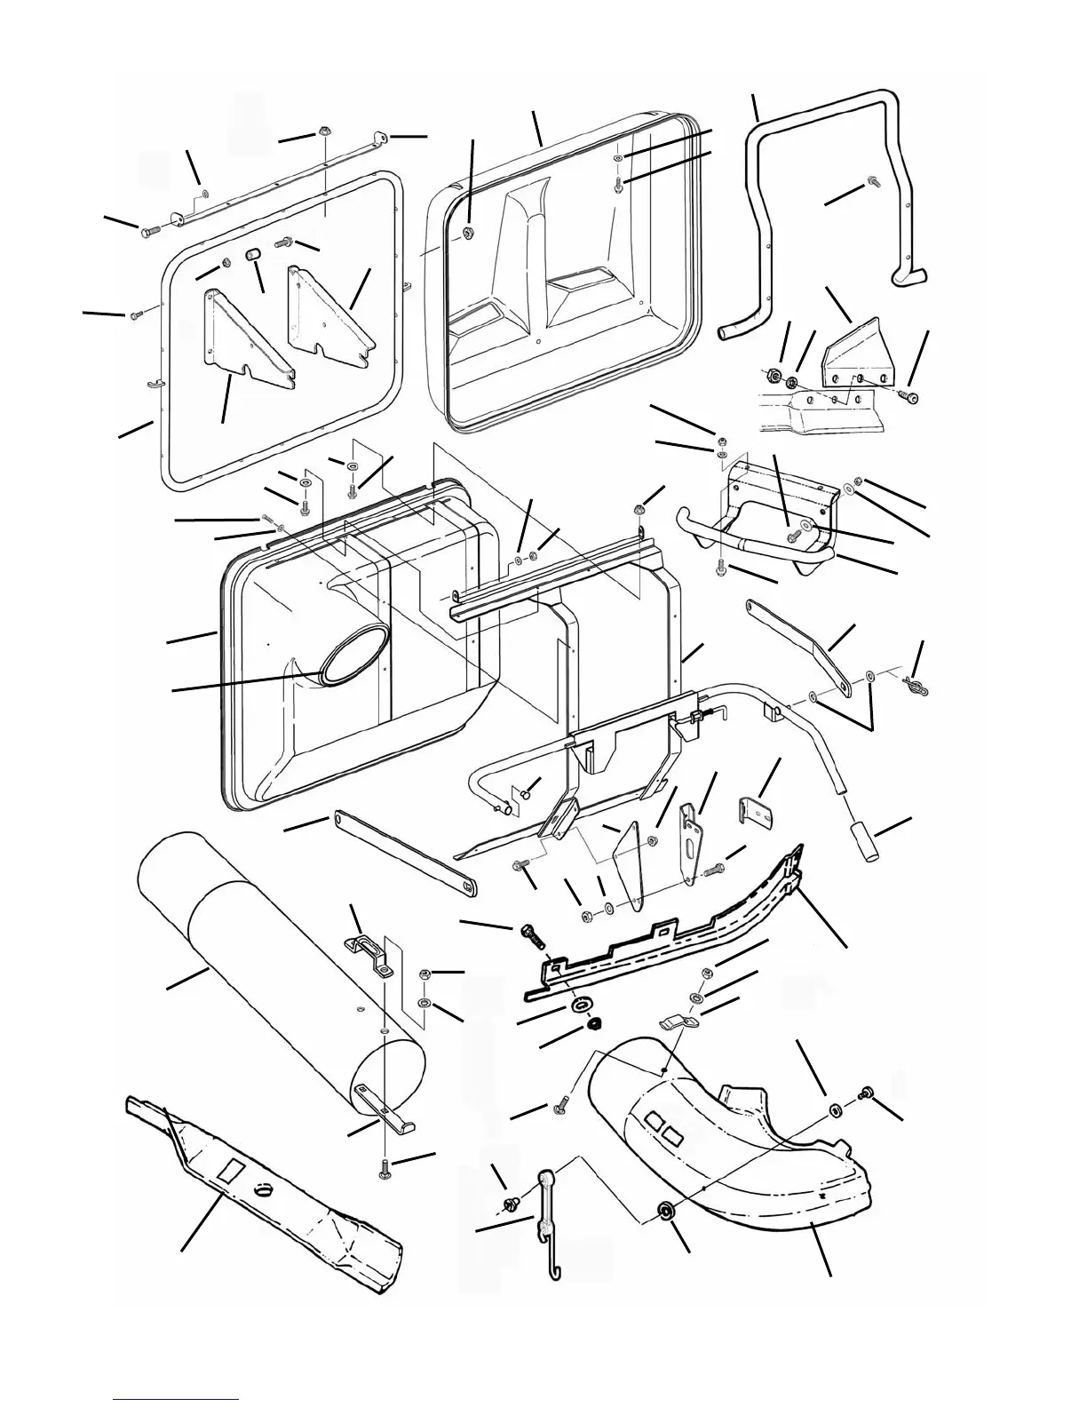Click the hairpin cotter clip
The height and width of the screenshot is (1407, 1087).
click(x=915, y=685)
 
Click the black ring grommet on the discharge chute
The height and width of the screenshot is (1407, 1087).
click(x=665, y=1212)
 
